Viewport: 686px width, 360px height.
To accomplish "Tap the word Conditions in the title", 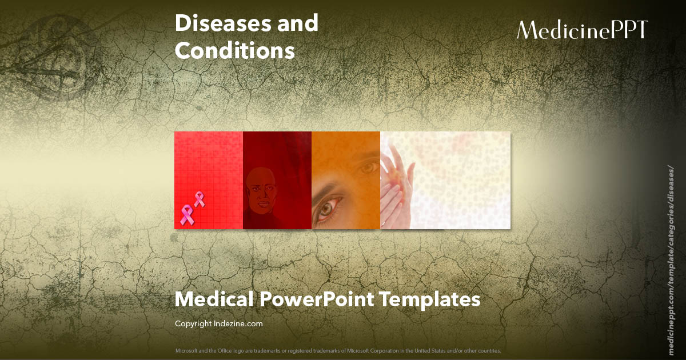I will [x=234, y=51].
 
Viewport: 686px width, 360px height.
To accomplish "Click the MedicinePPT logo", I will [x=583, y=30].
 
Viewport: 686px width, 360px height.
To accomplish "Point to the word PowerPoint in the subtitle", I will [x=315, y=299].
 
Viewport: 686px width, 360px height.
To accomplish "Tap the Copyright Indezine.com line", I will [x=218, y=323].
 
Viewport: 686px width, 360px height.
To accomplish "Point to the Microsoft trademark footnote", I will [x=338, y=350].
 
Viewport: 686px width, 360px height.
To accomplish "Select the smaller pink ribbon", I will [x=199, y=199].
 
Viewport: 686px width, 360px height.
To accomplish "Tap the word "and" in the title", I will [x=295, y=23].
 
